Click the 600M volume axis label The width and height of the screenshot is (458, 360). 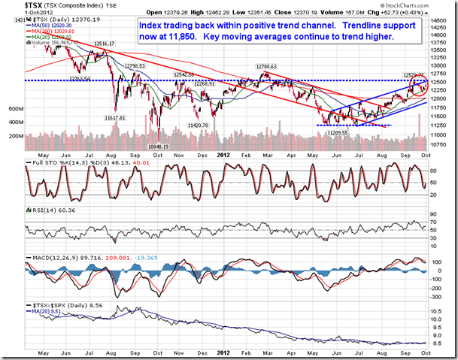[x=15, y=108]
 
